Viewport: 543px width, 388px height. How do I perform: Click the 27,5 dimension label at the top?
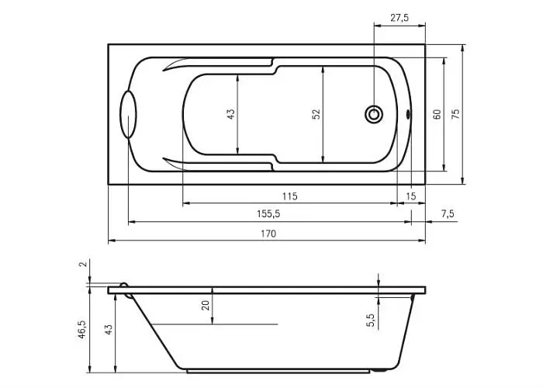tap(399, 18)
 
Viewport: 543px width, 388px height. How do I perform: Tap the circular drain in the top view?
tap(374, 114)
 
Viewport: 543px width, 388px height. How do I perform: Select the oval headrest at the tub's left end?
tap(128, 115)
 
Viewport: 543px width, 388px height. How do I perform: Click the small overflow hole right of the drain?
tap(407, 114)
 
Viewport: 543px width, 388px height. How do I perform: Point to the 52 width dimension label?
tap(316, 114)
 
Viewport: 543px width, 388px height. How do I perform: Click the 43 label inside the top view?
tap(230, 114)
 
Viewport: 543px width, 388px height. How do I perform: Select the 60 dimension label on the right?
tap(437, 114)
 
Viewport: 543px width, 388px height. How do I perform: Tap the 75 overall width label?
tap(456, 114)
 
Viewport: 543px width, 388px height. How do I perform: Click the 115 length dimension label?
tap(289, 196)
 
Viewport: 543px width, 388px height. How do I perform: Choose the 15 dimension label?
tap(410, 196)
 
